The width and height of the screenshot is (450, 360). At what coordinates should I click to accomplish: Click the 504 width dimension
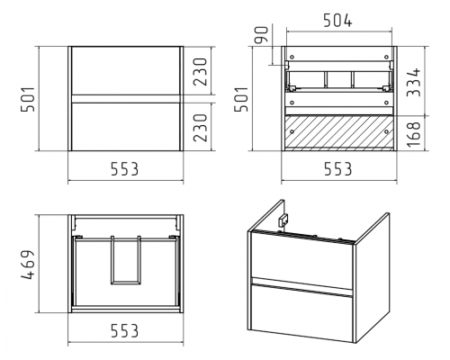coord(337,21)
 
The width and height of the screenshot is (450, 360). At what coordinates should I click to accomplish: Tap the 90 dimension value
coord(261,35)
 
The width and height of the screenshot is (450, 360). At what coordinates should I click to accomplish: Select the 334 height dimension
coord(414,82)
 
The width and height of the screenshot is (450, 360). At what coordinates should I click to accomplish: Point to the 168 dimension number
coord(414,134)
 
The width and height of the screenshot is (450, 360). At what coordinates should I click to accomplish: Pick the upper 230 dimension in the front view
coord(200,72)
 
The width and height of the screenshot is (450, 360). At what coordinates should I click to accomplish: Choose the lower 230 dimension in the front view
coord(200,128)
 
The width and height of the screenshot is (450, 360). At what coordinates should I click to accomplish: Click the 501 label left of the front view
coord(27,99)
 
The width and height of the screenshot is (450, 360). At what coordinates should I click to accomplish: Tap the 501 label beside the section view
coord(241,99)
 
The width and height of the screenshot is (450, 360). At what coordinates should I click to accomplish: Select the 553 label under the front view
coord(125,169)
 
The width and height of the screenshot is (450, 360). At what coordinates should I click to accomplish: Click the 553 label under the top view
coord(125,330)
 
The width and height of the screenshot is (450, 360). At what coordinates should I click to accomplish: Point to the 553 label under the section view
coord(337,169)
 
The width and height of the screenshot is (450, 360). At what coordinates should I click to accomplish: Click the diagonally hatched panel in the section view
coord(339,131)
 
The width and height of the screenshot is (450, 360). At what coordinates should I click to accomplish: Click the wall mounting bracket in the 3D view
coord(283,220)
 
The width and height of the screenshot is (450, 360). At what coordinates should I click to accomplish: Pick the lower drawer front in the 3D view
coord(301,313)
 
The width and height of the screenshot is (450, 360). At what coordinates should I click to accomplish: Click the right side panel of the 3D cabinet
coord(373,278)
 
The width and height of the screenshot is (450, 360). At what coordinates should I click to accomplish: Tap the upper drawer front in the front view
coord(125,71)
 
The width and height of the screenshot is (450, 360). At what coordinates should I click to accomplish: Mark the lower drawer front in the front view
coord(125,127)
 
